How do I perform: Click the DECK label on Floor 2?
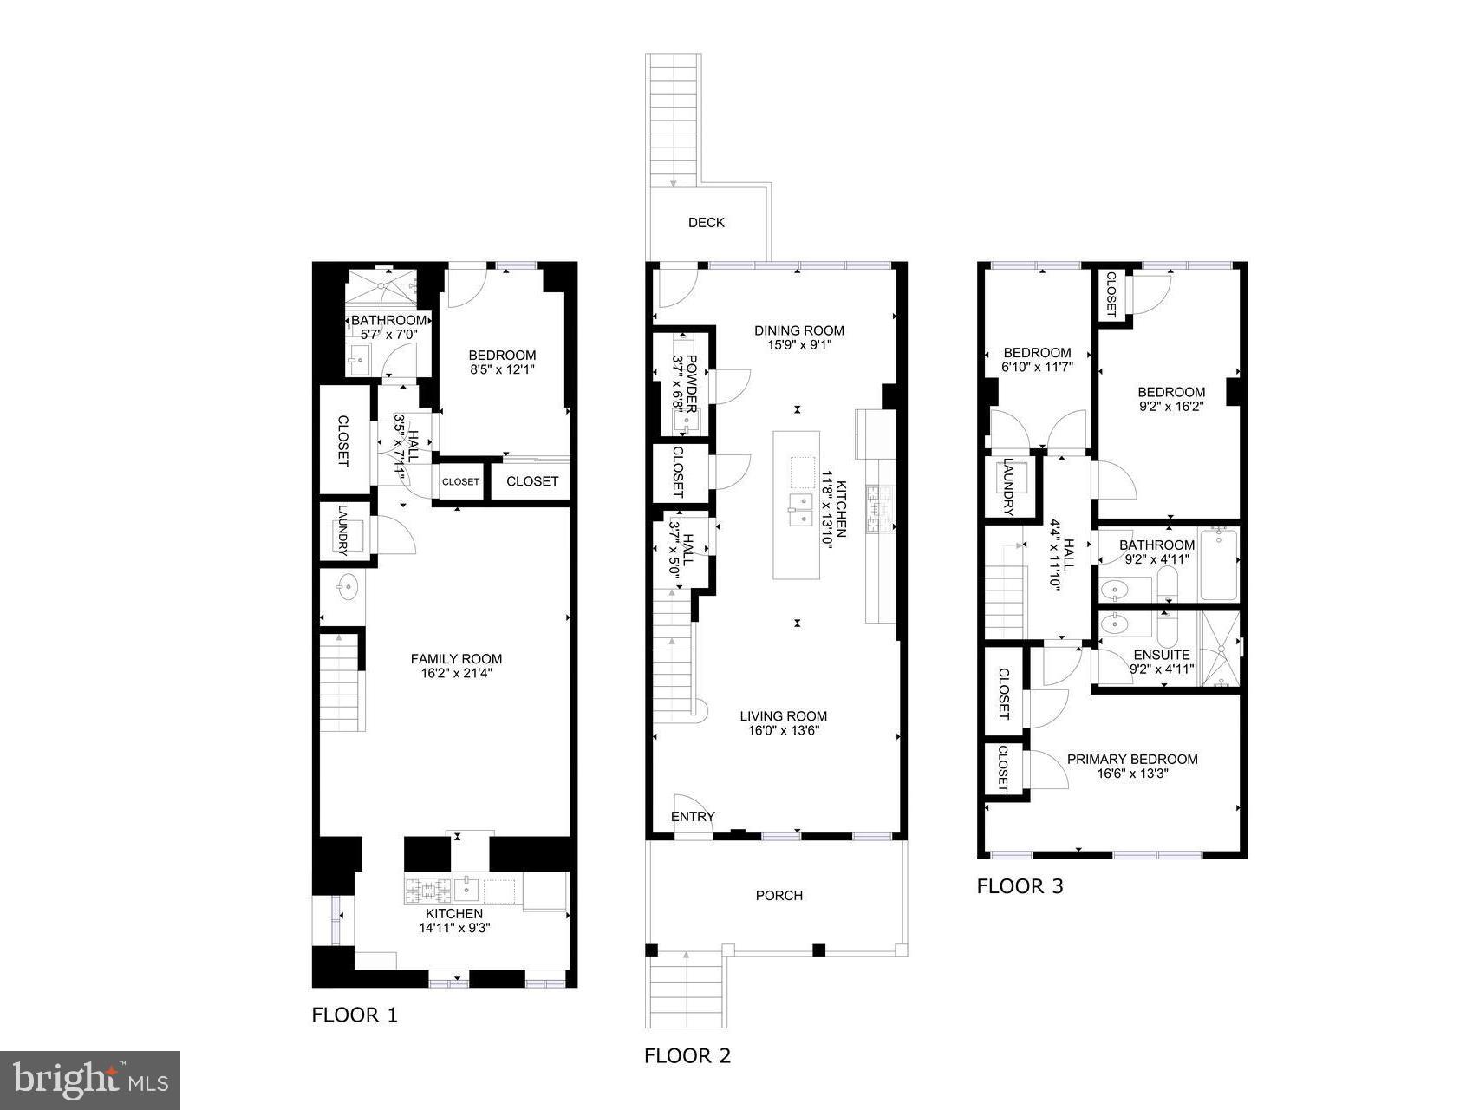coord(706,223)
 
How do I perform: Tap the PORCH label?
coord(779,895)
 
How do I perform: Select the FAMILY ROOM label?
coord(456,658)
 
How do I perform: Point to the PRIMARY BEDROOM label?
coord(1132,759)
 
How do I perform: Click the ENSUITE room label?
coord(1161,655)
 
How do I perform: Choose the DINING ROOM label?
coord(798,330)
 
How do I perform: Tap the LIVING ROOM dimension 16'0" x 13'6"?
coord(783,730)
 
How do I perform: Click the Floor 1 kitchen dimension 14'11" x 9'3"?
coord(453,928)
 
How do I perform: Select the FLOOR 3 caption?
coord(1020,886)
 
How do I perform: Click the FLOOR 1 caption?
coord(355,1015)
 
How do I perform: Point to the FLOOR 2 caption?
coord(687,1055)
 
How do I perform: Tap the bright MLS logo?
coord(90,1081)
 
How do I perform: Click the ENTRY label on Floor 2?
coord(693,816)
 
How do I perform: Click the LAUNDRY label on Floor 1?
coord(343,530)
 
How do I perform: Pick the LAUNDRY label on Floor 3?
coord(1008,487)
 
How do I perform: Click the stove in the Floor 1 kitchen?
coord(428,890)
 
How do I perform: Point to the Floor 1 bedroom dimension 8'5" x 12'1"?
coord(502,369)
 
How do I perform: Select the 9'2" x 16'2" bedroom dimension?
coord(1171,405)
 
